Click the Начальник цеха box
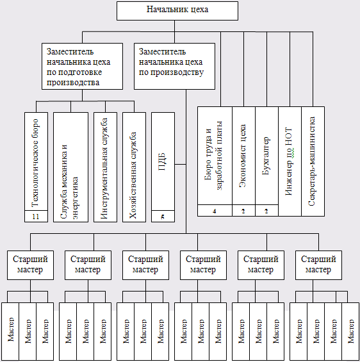[177, 11]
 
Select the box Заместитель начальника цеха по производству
[174, 66]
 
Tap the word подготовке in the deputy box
[74, 72]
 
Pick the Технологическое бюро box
[37, 167]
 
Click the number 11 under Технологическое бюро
[36, 217]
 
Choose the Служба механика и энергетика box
[70, 167]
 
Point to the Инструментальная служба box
[105, 167]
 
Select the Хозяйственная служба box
[134, 167]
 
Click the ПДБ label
[163, 161]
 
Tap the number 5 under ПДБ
[163, 217]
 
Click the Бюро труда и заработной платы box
[215, 161]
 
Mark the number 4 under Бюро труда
[215, 211]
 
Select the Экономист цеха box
[243, 161]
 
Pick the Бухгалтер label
[266, 156]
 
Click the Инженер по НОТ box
[290, 161]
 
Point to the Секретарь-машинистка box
[313, 161]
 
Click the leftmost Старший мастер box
[30, 265]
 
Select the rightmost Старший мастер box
[319, 265]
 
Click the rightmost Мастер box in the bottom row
[350, 331]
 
